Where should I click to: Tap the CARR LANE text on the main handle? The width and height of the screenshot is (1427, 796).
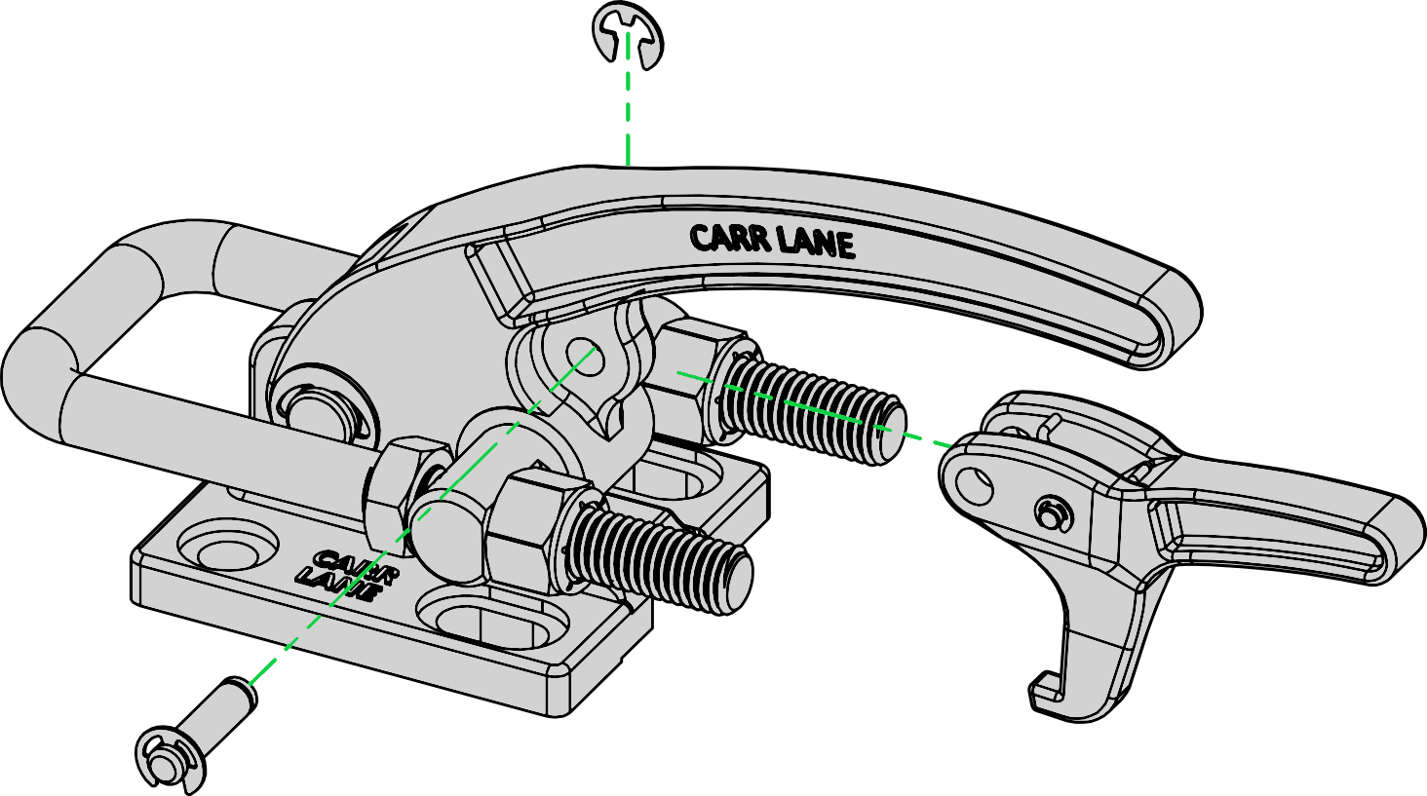click(x=772, y=241)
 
